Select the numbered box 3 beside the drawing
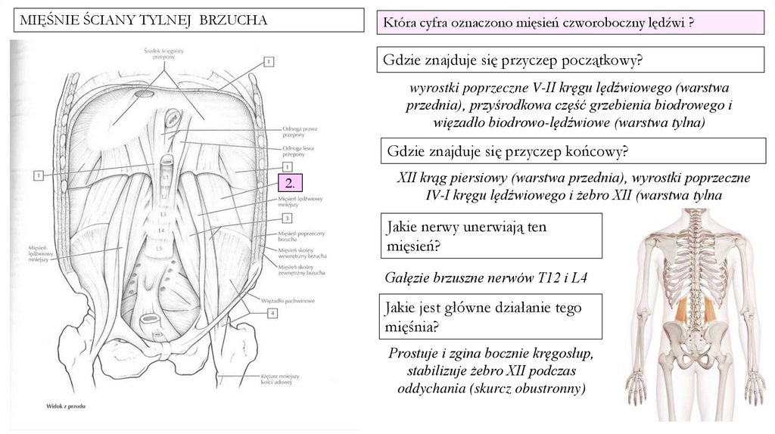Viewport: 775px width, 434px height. click(287, 218)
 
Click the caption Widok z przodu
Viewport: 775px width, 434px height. click(64, 407)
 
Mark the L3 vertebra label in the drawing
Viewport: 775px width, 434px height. click(163, 214)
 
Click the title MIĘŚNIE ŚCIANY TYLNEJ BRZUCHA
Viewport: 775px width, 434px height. click(143, 20)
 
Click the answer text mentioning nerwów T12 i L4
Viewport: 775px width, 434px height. click(486, 278)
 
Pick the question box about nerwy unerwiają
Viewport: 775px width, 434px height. click(491, 236)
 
